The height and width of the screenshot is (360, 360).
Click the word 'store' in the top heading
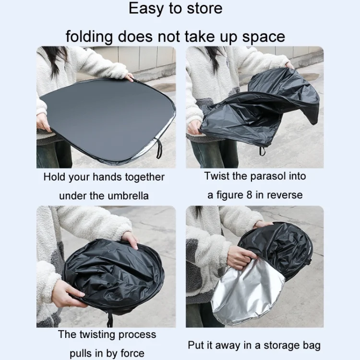[204, 9]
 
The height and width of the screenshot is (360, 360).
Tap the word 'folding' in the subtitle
[89, 37]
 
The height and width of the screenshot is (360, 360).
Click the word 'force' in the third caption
[132, 353]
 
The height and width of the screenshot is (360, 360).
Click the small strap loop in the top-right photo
[263, 151]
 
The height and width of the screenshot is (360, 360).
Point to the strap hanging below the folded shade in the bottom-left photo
[110, 319]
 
